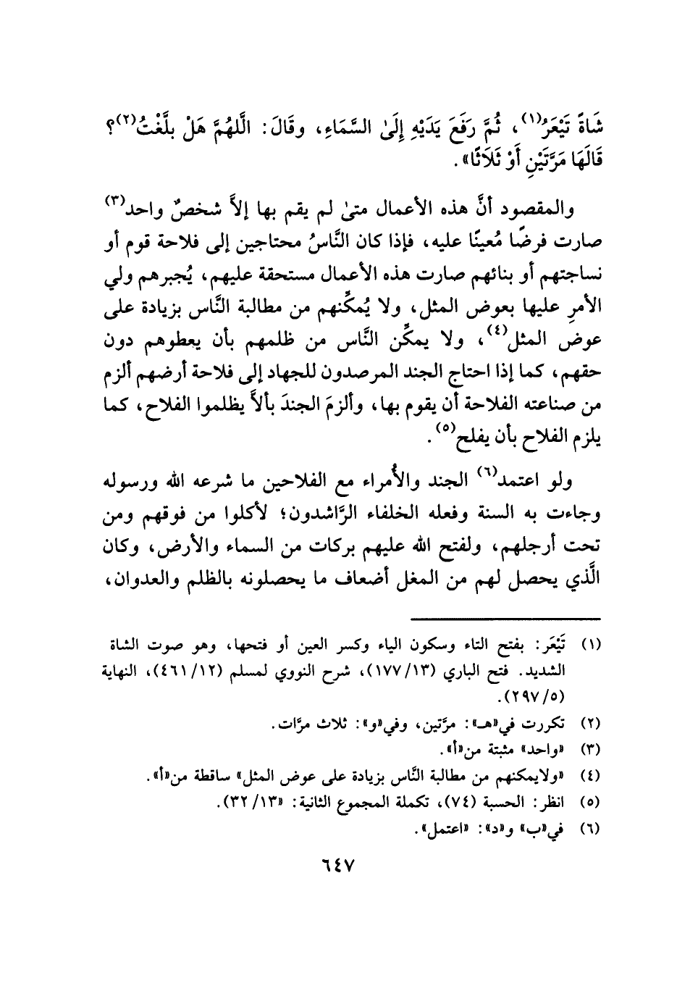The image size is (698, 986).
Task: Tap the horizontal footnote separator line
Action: click(506, 618)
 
